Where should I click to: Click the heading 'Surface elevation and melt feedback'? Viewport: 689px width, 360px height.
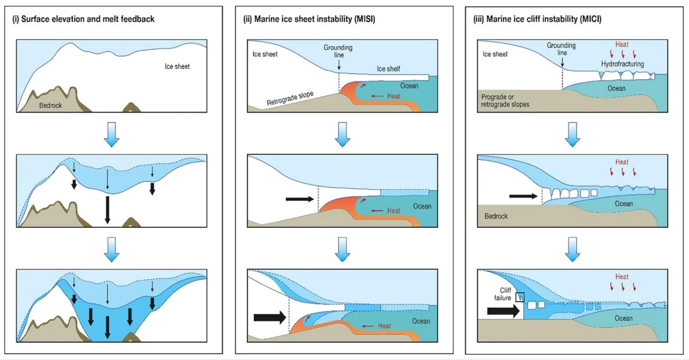(x=88, y=20)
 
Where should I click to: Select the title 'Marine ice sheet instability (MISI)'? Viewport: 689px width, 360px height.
(x=315, y=20)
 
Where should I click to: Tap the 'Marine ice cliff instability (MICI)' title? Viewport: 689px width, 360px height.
(x=544, y=20)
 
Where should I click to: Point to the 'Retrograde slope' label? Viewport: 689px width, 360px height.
(x=290, y=98)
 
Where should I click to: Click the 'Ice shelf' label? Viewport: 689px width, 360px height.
(x=389, y=69)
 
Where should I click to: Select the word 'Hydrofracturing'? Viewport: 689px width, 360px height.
(x=622, y=64)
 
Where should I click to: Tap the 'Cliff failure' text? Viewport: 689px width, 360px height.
(x=503, y=294)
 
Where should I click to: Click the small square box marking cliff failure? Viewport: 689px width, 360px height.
(x=520, y=297)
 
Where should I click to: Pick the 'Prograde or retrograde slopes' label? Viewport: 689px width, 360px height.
(x=505, y=100)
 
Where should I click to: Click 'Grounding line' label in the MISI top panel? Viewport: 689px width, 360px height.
(x=338, y=51)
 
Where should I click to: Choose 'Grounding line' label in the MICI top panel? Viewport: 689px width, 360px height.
(x=562, y=49)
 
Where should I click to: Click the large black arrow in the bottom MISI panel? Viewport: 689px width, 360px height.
(x=270, y=318)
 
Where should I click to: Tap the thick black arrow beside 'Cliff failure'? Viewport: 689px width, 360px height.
(x=504, y=311)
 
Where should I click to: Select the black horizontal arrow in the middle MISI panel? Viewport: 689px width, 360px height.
(x=300, y=199)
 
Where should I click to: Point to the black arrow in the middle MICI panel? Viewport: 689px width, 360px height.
(x=523, y=196)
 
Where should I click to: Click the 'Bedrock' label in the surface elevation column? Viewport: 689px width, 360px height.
(x=51, y=106)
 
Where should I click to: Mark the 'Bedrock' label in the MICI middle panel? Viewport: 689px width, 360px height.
(x=496, y=216)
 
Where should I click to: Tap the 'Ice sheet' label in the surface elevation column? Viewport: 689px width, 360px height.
(x=177, y=67)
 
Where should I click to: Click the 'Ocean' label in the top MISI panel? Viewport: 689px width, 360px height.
(x=409, y=86)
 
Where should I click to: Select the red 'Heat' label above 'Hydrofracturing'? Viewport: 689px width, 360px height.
(x=622, y=45)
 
